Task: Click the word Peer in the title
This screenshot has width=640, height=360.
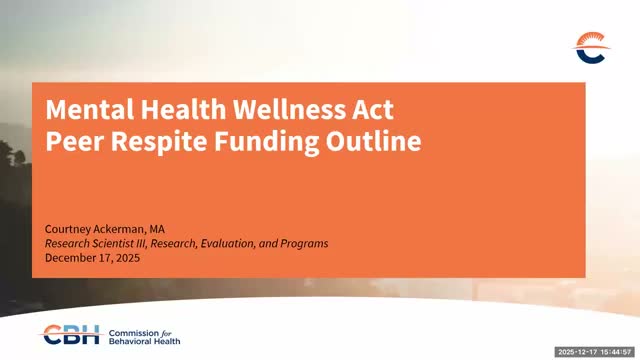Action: tap(71, 142)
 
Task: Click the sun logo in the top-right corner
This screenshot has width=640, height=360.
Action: tap(590, 46)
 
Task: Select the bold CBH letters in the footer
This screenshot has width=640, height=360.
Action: tap(69, 334)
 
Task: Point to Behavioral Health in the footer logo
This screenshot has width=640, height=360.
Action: tap(140, 340)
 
